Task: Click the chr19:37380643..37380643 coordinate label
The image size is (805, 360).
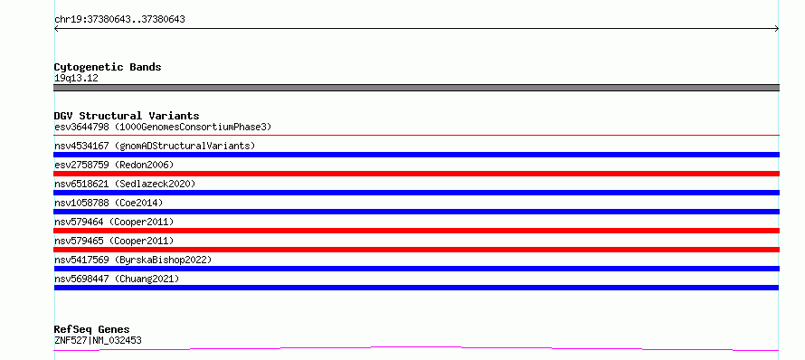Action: (119, 20)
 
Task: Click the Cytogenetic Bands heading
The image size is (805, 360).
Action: (108, 67)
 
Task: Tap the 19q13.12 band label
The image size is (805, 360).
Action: (76, 79)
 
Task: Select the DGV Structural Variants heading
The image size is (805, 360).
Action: (127, 116)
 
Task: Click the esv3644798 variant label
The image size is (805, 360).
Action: (163, 127)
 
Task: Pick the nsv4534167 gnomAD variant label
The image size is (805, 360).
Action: (155, 146)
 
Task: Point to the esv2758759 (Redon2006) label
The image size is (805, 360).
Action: (114, 165)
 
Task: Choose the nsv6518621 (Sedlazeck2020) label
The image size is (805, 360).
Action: (125, 184)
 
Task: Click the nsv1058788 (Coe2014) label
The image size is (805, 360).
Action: (109, 203)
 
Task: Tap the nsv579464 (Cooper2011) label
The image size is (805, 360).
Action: (114, 222)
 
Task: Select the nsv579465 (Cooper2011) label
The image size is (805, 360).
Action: (114, 241)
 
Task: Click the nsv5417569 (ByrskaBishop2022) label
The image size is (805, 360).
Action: (133, 260)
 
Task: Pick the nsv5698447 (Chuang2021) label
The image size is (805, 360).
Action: (117, 279)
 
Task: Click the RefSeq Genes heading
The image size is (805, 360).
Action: (92, 330)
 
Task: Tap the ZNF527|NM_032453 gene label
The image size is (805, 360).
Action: (98, 340)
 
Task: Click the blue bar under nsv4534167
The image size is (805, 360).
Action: (416, 155)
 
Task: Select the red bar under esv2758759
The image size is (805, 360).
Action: (416, 174)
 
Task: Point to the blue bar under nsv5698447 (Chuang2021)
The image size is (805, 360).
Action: (416, 288)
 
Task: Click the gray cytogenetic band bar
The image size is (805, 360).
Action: (416, 88)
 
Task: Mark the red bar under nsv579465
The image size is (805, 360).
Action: (416, 250)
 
